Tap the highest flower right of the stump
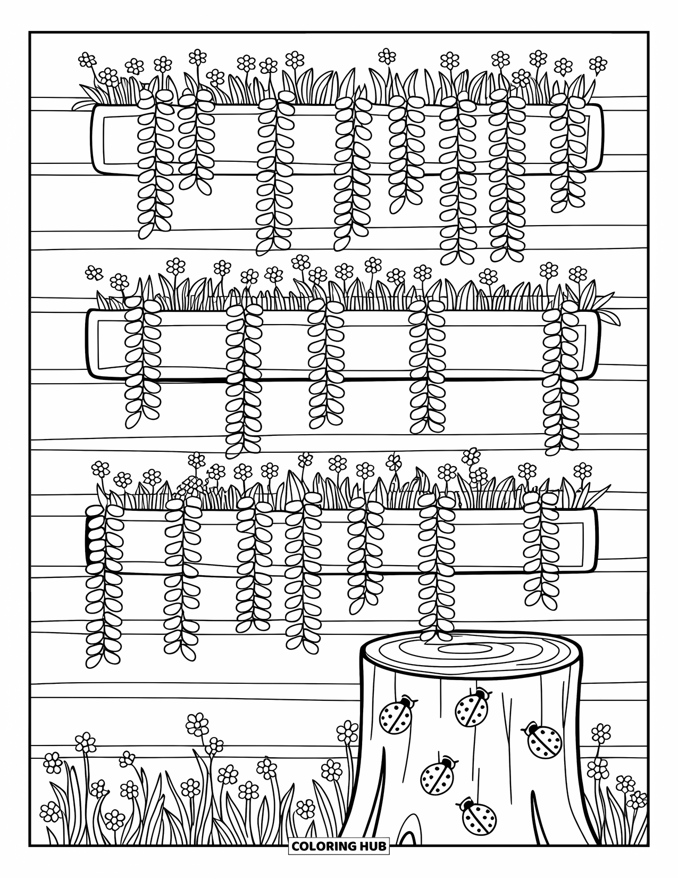(x=601, y=732)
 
